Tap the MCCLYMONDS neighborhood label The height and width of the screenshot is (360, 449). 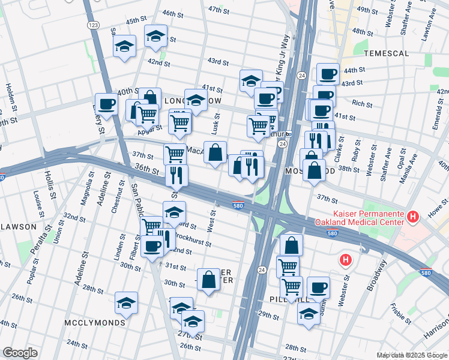click(x=94, y=323)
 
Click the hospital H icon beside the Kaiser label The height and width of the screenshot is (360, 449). click(x=412, y=216)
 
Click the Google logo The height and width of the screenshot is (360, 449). click(x=20, y=353)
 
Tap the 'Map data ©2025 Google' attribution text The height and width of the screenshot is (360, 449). click(x=412, y=355)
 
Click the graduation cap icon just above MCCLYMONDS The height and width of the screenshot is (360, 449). click(x=126, y=303)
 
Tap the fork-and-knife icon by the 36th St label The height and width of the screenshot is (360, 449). click(x=176, y=176)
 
